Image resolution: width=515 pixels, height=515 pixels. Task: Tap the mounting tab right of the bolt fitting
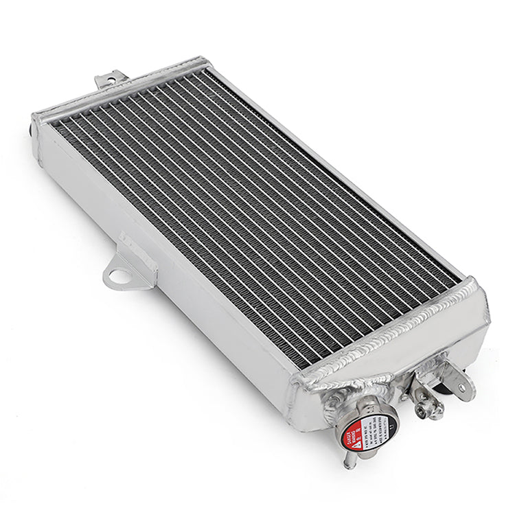point(461,385)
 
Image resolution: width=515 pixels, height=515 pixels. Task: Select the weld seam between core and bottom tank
point(385,330)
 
